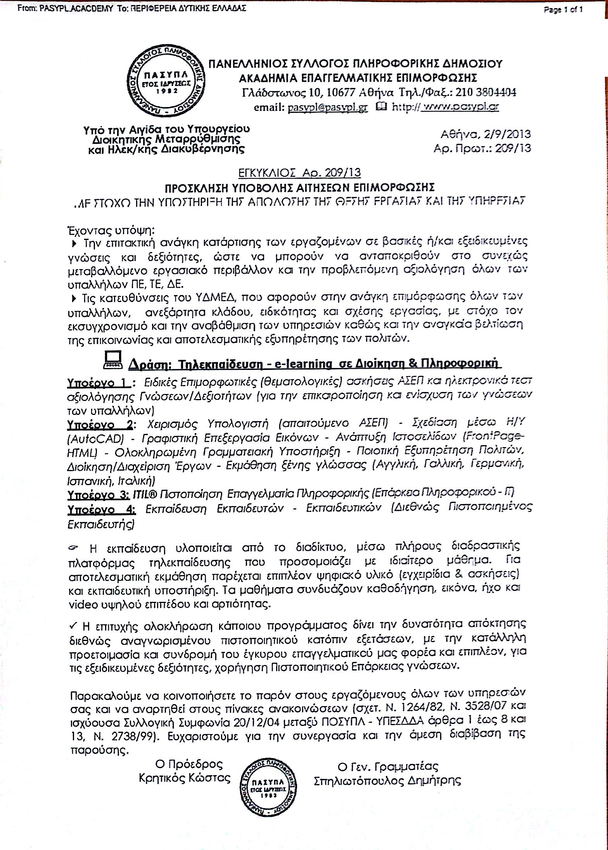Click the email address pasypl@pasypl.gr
pyautogui.click(x=328, y=108)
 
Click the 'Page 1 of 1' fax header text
pyautogui.click(x=563, y=10)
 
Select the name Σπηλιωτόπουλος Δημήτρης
pyautogui.click(x=387, y=780)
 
